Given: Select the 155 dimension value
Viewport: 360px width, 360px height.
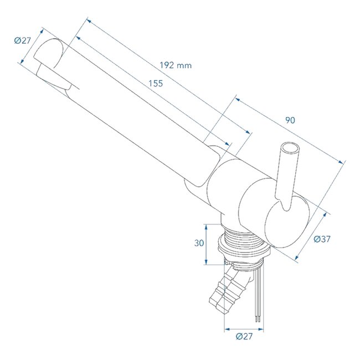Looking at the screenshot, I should click(x=155, y=84).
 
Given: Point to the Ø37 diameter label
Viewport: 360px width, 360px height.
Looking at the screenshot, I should click(x=322, y=239).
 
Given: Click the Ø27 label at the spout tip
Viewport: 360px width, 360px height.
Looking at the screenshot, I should click(x=23, y=40).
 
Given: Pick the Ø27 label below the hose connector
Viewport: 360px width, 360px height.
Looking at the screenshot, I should click(x=244, y=336).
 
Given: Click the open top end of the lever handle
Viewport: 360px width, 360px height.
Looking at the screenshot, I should click(x=290, y=150).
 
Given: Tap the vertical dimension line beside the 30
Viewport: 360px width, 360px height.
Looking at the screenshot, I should click(x=206, y=244).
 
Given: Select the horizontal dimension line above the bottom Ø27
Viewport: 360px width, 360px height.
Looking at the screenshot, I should click(x=244, y=329).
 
